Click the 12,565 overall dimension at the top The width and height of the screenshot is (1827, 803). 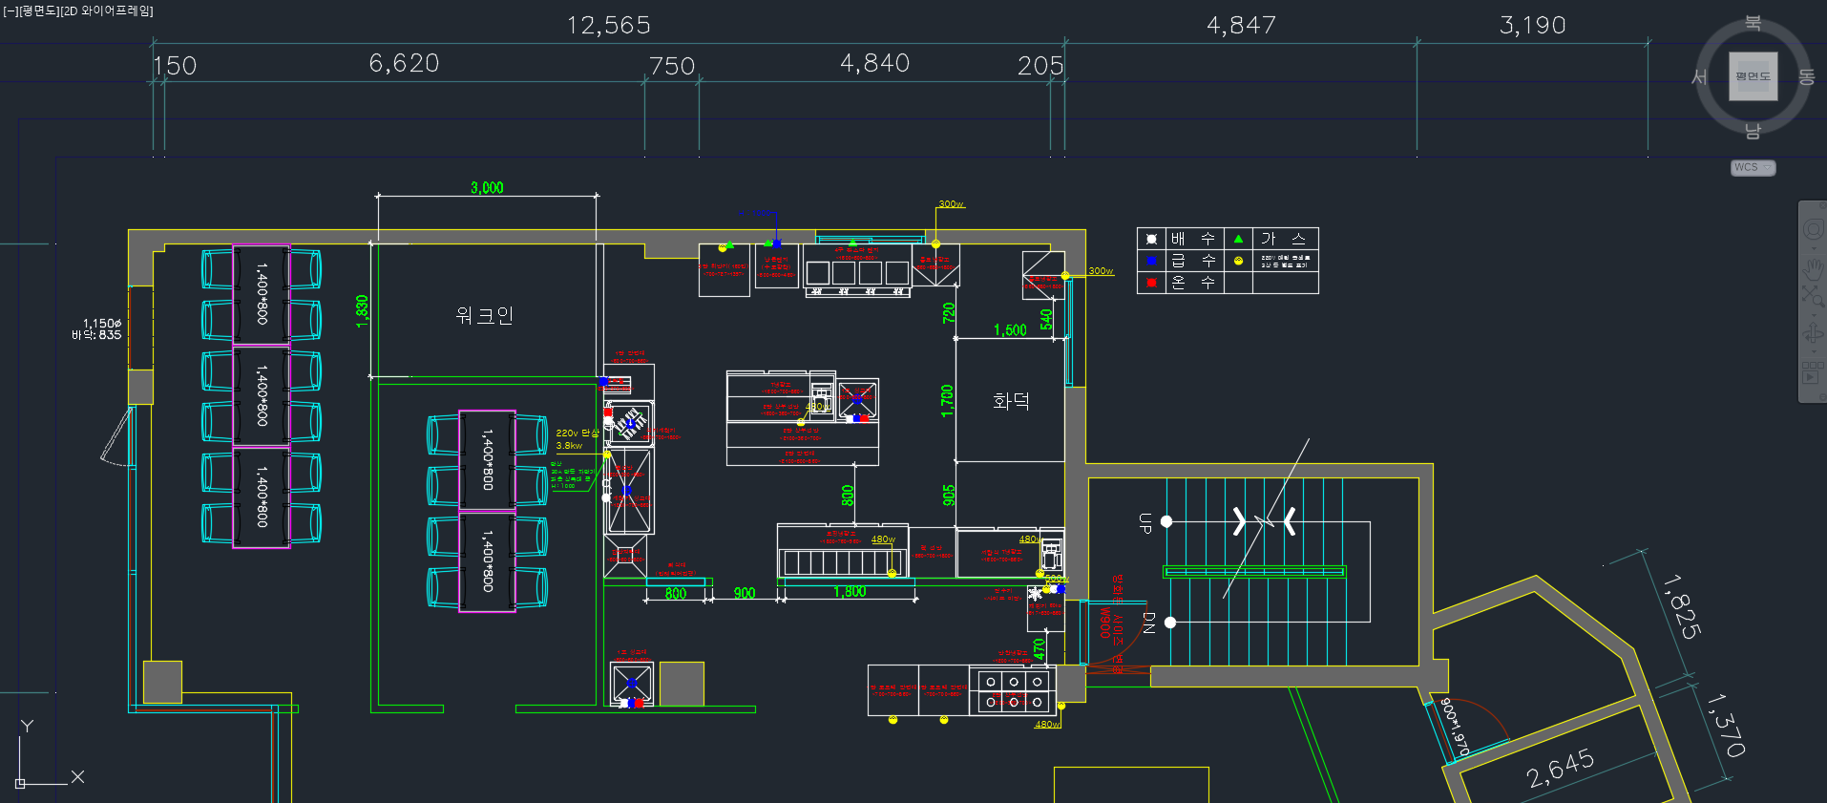(x=608, y=25)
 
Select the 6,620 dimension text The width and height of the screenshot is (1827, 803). (x=404, y=64)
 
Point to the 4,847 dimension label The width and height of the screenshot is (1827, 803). (x=1241, y=25)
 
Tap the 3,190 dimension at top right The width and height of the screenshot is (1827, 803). (x=1532, y=25)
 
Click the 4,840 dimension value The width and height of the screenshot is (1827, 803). (x=874, y=64)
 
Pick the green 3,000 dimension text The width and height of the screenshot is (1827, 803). (x=487, y=188)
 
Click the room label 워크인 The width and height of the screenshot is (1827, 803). (x=484, y=315)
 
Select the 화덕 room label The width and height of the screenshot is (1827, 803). (x=1011, y=401)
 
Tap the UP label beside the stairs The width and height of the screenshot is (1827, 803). (x=1144, y=522)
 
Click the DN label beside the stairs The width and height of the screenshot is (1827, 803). (x=1148, y=623)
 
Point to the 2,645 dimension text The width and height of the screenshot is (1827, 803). (x=1560, y=768)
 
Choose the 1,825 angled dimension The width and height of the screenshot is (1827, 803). (x=1681, y=606)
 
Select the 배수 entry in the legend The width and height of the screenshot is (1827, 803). (x=1192, y=239)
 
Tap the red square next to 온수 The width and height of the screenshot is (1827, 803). (x=1151, y=283)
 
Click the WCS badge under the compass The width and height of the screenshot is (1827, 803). (x=1752, y=168)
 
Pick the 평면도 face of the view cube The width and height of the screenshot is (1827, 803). (x=1753, y=76)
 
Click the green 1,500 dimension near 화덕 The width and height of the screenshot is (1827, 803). (x=1010, y=330)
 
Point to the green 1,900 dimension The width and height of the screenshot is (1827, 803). (x=849, y=592)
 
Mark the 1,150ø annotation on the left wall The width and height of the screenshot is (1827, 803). (x=101, y=324)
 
